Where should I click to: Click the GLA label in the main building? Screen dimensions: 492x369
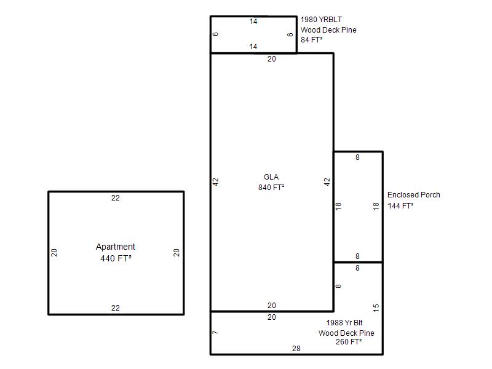pyautogui.click(x=271, y=177)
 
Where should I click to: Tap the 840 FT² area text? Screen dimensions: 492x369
pyautogui.click(x=271, y=188)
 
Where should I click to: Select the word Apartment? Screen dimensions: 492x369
pyautogui.click(x=116, y=247)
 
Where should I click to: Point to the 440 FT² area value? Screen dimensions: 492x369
pyautogui.click(x=116, y=258)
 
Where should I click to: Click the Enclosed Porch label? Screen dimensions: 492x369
pyautogui.click(x=413, y=195)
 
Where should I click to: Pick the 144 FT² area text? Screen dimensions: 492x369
pyautogui.click(x=400, y=206)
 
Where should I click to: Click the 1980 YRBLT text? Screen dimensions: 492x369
pyautogui.click(x=321, y=20)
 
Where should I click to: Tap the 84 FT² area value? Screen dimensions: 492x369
pyautogui.click(x=311, y=40)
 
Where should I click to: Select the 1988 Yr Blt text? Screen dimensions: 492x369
pyautogui.click(x=344, y=322)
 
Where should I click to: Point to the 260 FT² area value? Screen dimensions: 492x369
pyautogui.click(x=349, y=342)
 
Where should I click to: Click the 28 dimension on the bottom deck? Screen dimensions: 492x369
pyautogui.click(x=296, y=349)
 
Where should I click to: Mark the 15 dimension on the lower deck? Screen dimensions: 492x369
pyautogui.click(x=376, y=308)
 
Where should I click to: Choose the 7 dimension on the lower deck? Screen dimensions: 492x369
pyautogui.click(x=215, y=332)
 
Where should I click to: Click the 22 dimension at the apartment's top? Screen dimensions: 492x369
pyautogui.click(x=116, y=198)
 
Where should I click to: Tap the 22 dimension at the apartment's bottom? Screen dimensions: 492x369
pyautogui.click(x=116, y=308)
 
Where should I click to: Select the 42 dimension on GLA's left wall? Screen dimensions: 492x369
pyautogui.click(x=216, y=182)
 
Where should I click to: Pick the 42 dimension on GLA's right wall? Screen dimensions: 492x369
pyautogui.click(x=327, y=182)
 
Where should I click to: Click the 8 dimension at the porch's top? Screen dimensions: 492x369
pyautogui.click(x=357, y=157)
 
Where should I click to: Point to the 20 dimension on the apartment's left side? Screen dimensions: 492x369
pyautogui.click(x=54, y=253)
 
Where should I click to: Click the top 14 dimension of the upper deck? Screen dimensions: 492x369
pyautogui.click(x=253, y=22)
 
